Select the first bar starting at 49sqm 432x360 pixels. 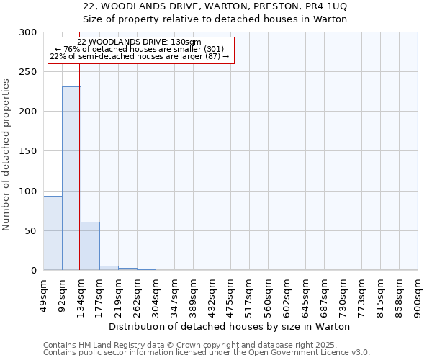(53, 233)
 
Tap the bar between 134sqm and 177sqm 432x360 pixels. (90, 246)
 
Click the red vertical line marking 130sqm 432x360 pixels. (79, 144)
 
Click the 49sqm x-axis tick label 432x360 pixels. (43, 291)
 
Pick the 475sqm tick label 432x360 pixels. (230, 292)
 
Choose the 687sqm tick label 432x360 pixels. (324, 292)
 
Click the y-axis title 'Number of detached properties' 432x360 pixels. (6, 155)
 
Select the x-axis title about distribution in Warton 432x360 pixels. (234, 326)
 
